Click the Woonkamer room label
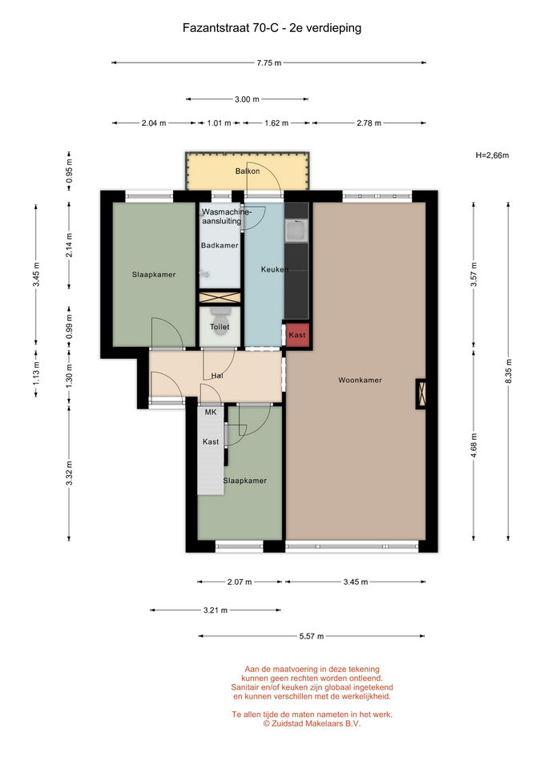coord(360,380)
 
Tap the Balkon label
coord(248,171)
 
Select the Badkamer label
coord(220,245)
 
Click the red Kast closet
coord(296,335)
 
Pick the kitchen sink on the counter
coord(296,231)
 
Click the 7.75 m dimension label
coord(269,62)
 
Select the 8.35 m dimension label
coord(508,372)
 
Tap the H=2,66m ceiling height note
coord(492,155)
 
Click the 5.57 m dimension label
coord(312,636)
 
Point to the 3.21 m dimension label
coord(216,610)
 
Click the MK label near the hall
coord(211,412)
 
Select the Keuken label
coord(274,269)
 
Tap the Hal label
coord(217,376)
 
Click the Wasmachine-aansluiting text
coord(226,216)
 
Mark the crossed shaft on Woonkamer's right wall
coord(421,394)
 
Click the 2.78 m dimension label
coord(369,123)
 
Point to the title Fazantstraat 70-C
coord(231,28)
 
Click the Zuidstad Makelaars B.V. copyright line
coord(312,723)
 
